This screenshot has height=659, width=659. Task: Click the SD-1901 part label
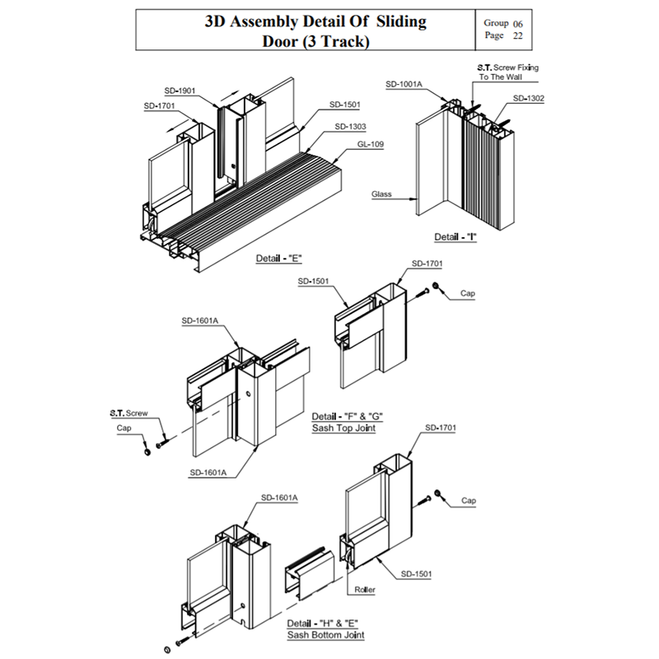pos(180,91)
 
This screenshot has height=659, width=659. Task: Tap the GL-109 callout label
pos(370,144)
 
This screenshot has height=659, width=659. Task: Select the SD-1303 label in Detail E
pos(350,127)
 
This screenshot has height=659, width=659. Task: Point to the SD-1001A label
pos(404,84)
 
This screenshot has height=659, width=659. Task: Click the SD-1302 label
pos(528,98)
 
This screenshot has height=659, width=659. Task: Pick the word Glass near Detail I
pos(381,194)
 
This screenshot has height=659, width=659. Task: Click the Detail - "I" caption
pos(456,236)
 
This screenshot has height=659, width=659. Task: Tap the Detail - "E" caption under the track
pos(279,258)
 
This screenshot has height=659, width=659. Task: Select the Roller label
pos(364,590)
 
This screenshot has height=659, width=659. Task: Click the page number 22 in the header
pos(518,35)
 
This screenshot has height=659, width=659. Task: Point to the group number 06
pos(518,24)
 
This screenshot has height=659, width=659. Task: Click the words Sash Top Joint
pos(344,428)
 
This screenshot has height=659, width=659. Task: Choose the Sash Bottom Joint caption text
pos(325,635)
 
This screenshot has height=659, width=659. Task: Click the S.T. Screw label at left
pos(129,414)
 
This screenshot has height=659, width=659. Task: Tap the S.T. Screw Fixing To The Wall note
pos(507,72)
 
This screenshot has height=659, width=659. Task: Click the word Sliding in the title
pos(401,21)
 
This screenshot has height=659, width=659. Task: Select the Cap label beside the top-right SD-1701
pos(467,293)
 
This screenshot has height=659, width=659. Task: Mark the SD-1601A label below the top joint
pos(208,472)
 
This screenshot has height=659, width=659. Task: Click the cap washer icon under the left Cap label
pos(147,452)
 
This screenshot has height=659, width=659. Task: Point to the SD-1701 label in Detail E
pos(159,106)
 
